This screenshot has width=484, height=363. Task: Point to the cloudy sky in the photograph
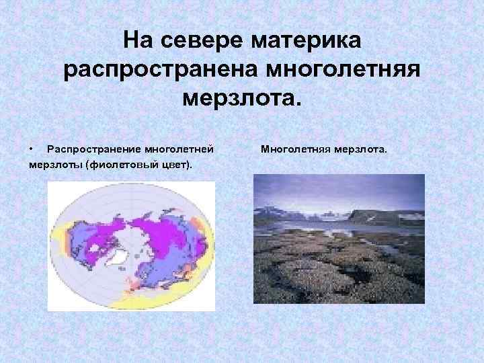pyautogui.click(x=336, y=192)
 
